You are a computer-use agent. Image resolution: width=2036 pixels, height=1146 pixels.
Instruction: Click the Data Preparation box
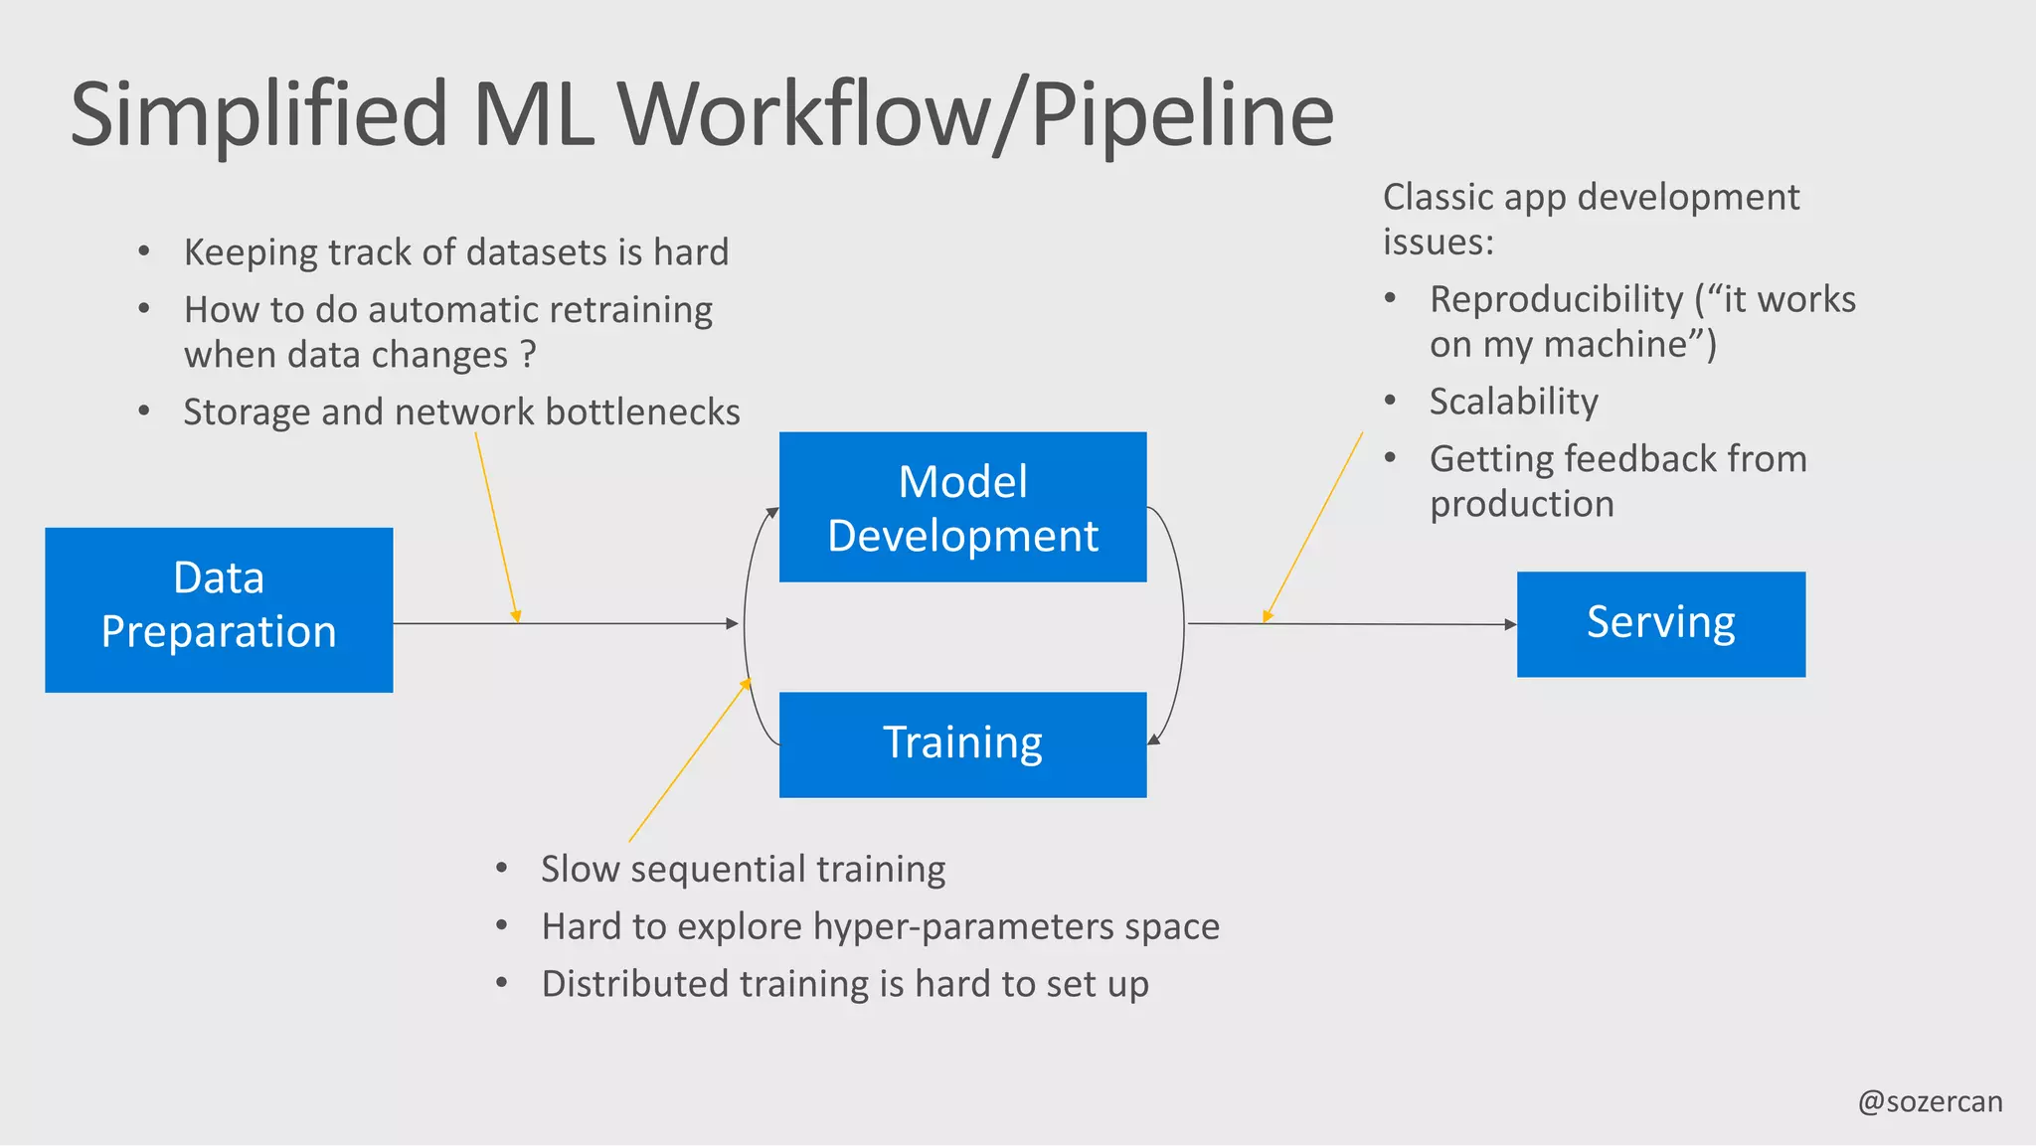coord(219,609)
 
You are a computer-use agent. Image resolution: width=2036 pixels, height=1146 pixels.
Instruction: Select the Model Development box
coord(962,507)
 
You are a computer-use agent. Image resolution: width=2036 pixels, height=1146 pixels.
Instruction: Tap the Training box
coord(962,744)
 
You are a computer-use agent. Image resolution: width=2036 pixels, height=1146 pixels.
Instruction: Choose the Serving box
coord(1660,624)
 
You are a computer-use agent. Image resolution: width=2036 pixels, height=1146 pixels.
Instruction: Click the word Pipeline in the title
coord(1182,114)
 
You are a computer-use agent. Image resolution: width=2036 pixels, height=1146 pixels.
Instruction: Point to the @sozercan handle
coord(1930,1101)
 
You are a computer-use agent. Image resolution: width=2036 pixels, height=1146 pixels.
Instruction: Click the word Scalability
coord(1513,402)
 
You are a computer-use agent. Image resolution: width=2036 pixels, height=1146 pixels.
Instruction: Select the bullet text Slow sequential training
coord(743,870)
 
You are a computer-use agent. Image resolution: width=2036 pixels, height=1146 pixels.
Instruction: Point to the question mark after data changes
coord(529,355)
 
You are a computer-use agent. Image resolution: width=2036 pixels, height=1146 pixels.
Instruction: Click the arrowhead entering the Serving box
coord(1510,624)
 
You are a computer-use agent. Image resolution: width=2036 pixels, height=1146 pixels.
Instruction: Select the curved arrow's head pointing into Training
coord(1153,738)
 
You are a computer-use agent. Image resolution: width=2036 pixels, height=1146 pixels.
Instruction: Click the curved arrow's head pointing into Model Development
coord(772,512)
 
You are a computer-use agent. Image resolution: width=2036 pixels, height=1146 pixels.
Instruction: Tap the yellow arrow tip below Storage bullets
coord(516,617)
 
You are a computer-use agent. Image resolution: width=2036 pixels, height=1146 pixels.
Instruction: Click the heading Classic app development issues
coord(1590,219)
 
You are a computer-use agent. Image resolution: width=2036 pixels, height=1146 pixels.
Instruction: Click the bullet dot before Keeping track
coord(144,251)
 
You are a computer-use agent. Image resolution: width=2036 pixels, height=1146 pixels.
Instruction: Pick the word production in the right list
coord(1521,504)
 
